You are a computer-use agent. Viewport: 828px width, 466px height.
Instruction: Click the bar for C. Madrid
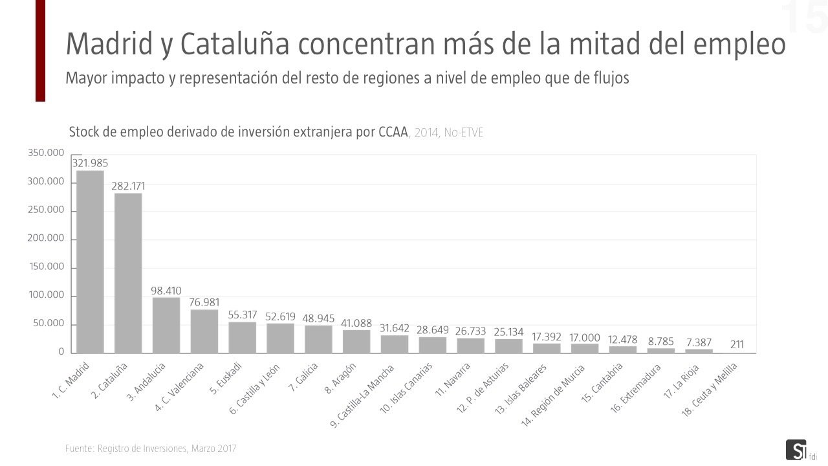coord(90,261)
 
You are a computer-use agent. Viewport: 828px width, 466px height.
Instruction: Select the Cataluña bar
coord(128,273)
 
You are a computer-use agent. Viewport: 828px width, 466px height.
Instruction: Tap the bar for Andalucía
coord(166,325)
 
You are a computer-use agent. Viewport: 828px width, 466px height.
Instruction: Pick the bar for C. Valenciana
coord(204,331)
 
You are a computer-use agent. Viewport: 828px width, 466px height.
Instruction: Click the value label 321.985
coord(90,162)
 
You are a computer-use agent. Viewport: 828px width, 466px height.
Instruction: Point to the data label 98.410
coord(166,291)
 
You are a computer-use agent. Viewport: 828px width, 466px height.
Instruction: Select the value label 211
coord(737,344)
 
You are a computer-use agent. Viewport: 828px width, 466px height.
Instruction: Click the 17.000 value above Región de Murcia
coord(585,338)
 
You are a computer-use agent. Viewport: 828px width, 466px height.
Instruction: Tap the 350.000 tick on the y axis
coord(46,153)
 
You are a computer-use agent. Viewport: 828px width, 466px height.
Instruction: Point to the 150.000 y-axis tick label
coord(46,267)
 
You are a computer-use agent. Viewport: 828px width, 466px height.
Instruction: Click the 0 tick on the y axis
coord(61,352)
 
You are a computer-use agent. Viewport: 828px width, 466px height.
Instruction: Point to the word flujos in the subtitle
coord(609,78)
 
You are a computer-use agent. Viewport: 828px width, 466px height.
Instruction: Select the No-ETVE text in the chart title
coord(463,133)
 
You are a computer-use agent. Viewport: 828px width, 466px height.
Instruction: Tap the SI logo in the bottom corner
coord(795,450)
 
